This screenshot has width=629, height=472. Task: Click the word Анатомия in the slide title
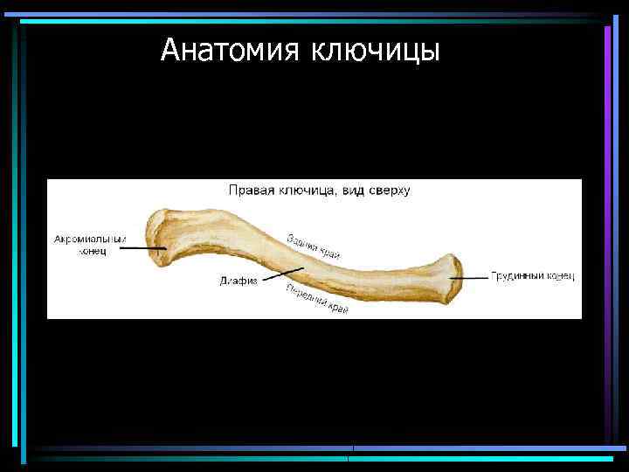tap(230, 51)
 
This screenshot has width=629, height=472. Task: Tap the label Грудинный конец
tap(532, 276)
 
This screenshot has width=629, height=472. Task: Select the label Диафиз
tap(238, 281)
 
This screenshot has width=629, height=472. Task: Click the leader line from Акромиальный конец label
tap(140, 248)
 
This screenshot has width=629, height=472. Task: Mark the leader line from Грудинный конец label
tap(471, 277)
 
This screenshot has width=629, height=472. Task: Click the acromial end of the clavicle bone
tap(162, 236)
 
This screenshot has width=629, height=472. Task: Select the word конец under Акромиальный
tap(91, 252)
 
